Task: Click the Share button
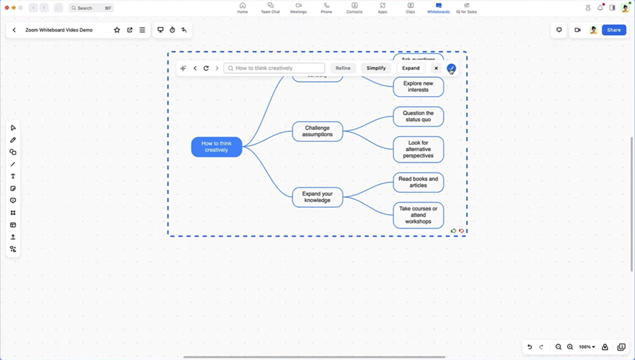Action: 614,30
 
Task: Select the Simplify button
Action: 376,68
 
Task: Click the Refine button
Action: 343,68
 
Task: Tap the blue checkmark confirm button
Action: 451,68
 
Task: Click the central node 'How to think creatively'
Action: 216,147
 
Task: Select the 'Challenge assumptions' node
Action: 317,131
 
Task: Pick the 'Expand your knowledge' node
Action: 317,197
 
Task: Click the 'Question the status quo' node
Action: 418,116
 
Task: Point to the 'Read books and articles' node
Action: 418,182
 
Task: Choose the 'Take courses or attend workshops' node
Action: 418,215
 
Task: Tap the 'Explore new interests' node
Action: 418,87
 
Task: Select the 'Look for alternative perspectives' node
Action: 418,149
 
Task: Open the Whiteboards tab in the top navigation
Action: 438,8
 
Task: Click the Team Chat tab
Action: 270,8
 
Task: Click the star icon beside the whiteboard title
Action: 117,30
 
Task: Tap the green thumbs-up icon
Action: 453,231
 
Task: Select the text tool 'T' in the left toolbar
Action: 13,177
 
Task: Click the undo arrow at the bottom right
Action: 529,347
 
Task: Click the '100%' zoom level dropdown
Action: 587,347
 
